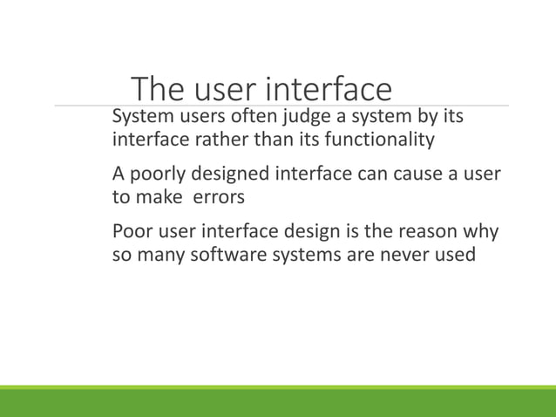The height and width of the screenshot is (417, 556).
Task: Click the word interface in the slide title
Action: [x=328, y=89]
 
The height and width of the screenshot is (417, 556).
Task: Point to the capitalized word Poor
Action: [x=134, y=233]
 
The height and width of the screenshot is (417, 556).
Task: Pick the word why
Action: [x=479, y=233]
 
